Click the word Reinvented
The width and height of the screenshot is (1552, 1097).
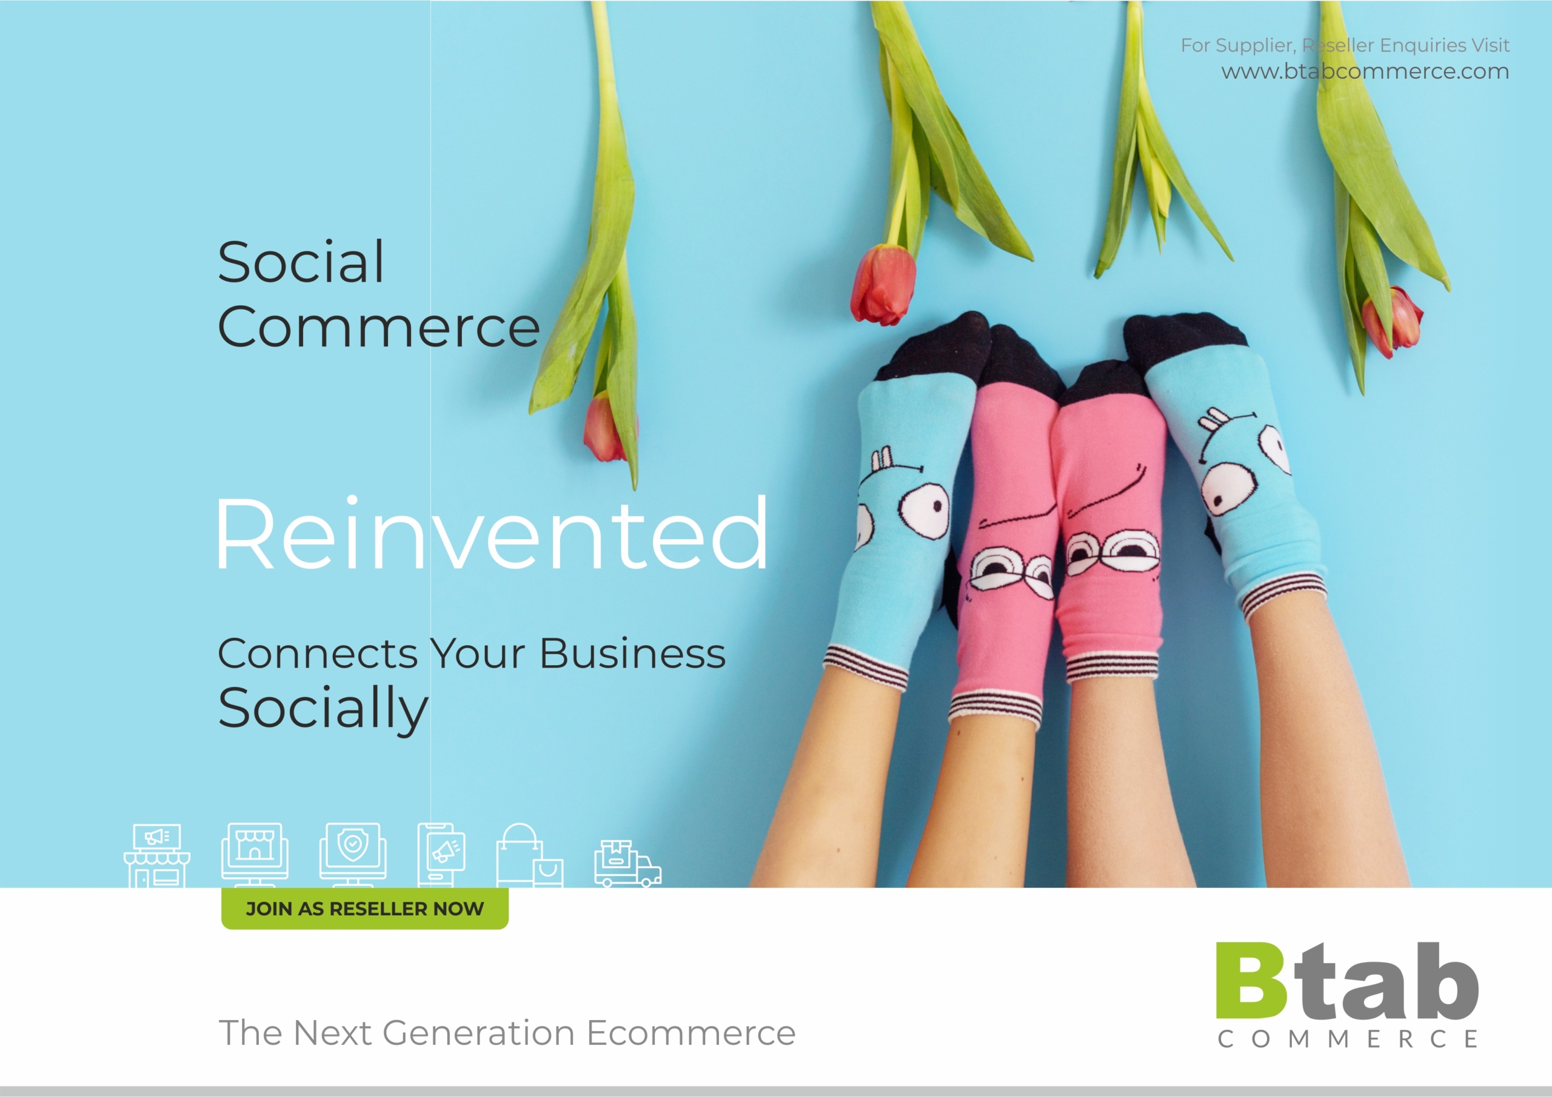(x=492, y=533)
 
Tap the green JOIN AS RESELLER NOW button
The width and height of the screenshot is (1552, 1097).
(x=364, y=909)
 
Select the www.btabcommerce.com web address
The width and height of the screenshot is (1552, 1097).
(x=1365, y=71)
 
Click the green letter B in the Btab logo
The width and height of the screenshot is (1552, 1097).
(x=1251, y=981)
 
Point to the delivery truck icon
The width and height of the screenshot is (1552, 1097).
(x=627, y=864)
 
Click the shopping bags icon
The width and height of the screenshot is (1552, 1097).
(x=530, y=855)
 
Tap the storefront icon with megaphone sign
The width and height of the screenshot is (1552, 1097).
(x=157, y=855)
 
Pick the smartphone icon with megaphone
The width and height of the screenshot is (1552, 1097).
(x=441, y=855)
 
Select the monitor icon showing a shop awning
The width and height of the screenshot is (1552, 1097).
(x=255, y=855)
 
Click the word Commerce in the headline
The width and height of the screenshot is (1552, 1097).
(x=378, y=327)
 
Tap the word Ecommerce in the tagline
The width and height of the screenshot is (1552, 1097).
(x=691, y=1032)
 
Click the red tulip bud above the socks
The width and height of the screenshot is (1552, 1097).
(x=883, y=285)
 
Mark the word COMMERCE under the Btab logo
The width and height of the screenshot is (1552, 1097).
(x=1348, y=1038)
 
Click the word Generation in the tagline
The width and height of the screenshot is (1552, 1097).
(x=478, y=1032)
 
